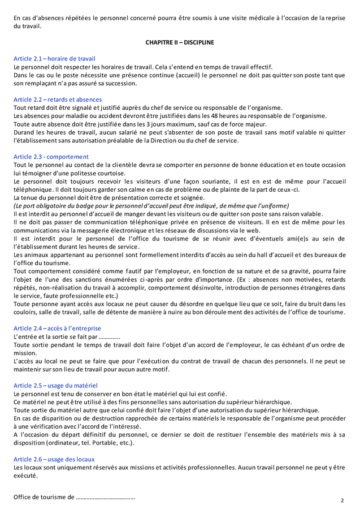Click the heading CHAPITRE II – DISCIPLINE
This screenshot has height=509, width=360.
coord(180,42)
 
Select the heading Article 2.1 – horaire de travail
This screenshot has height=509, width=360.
coord(54,58)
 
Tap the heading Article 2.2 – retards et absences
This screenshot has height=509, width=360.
coord(58,100)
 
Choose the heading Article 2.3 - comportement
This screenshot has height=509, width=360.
coord(51,157)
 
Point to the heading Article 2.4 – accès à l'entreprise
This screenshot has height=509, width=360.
coord(57,328)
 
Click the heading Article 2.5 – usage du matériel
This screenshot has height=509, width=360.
coord(55,385)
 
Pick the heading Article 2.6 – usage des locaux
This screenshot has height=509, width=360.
coord(54,459)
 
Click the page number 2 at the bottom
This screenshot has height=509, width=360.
coord(342,501)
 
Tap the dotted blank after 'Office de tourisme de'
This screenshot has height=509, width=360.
coord(105,498)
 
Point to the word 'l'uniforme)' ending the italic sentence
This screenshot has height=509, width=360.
coord(274,206)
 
